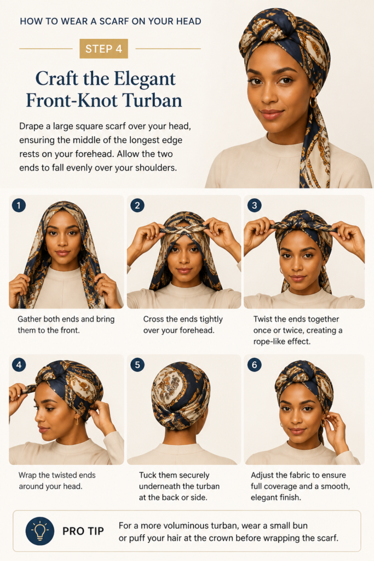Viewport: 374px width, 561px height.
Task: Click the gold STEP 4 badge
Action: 103,48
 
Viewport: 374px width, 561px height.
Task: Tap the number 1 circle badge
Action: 19,205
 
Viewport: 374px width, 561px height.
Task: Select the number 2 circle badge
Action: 137,205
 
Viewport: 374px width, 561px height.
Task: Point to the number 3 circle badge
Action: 254,205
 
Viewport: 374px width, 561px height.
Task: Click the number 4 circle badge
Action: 19,365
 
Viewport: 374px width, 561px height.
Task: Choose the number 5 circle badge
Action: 137,365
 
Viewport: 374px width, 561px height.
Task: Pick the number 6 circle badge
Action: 254,365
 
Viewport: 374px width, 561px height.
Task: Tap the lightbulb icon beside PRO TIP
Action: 40,531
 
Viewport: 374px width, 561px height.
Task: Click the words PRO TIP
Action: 83,531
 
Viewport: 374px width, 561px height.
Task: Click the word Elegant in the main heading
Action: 146,79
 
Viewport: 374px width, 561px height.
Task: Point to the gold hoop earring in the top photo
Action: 313,102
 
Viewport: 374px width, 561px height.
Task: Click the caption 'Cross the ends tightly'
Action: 183,319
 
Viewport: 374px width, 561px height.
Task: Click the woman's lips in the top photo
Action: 271,114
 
